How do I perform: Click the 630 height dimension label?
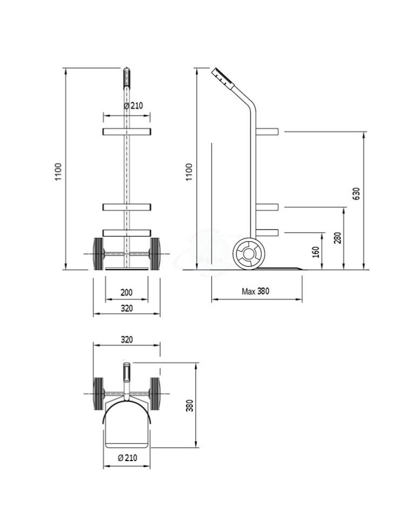[x=356, y=194]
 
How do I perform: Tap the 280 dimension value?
[x=337, y=238]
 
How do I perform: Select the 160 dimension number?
[x=316, y=252]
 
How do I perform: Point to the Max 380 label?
[x=255, y=291]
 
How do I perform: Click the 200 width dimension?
[x=126, y=292]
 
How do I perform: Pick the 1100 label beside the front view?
[x=58, y=171]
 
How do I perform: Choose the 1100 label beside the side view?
[x=189, y=172]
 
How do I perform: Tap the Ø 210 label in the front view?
[x=133, y=106]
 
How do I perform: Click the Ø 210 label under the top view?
[x=127, y=458]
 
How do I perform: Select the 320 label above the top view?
[x=126, y=339]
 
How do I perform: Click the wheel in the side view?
[x=249, y=254]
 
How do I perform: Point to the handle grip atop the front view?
[x=126, y=78]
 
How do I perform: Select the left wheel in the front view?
[x=98, y=254]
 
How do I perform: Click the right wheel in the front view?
[x=154, y=254]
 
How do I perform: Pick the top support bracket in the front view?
[x=126, y=132]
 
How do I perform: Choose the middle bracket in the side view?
[x=267, y=207]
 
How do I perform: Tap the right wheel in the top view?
[x=154, y=394]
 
